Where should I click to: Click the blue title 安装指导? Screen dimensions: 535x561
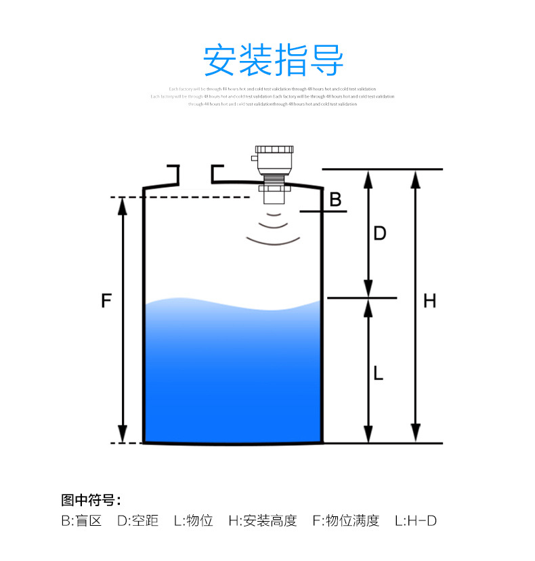click(274, 61)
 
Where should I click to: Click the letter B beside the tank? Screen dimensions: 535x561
click(335, 199)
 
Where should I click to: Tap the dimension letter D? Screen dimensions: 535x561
click(380, 233)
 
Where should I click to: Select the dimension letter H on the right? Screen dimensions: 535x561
click(429, 301)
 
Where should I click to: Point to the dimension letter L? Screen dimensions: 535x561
click(379, 372)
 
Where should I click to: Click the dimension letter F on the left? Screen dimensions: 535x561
click(106, 300)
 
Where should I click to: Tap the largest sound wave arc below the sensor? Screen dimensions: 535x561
click(274, 241)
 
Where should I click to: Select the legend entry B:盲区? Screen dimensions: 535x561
click(81, 520)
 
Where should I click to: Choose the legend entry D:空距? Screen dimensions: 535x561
click(138, 520)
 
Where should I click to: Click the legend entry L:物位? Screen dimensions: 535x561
click(194, 520)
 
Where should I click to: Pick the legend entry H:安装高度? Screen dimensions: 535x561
click(263, 520)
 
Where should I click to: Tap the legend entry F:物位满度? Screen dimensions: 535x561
click(345, 520)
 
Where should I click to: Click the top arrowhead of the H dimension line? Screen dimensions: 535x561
click(416, 178)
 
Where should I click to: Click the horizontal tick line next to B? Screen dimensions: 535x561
click(323, 212)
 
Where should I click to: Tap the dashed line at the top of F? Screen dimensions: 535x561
click(196, 197)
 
